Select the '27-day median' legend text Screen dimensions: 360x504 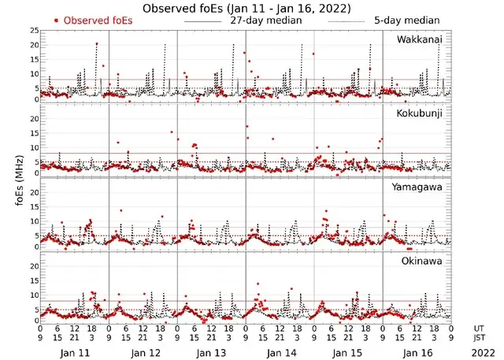(265, 20)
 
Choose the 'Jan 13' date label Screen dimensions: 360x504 (212, 352)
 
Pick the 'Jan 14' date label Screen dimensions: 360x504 (280, 352)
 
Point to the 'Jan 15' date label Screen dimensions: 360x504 (348, 352)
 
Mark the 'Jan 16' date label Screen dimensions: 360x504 (417, 352)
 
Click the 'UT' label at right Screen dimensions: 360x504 (480, 328)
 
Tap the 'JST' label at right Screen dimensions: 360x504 (480, 338)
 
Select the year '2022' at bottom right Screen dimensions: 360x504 (480, 352)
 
